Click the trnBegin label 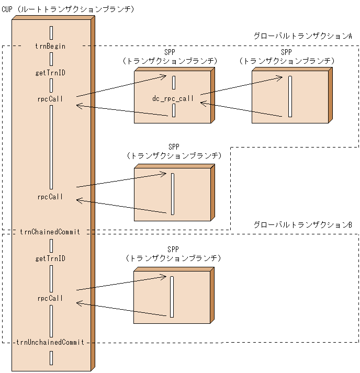click(50, 46)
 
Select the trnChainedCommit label click(50, 231)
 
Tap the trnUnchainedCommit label click(50, 342)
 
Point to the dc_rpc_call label click(173, 98)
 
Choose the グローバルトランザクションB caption click(302, 224)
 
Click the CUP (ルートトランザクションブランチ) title click(68, 9)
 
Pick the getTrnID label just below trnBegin click(50, 73)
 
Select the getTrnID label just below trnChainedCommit click(50, 258)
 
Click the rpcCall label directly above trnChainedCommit click(50, 197)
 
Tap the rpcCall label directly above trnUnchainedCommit click(50, 298)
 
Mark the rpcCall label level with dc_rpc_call click(50, 99)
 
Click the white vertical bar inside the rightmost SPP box click(290, 97)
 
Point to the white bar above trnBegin click(51, 32)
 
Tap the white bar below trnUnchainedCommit click(51, 358)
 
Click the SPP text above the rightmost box click(286, 52)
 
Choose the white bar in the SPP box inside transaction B click(172, 297)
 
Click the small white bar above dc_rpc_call click(174, 83)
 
